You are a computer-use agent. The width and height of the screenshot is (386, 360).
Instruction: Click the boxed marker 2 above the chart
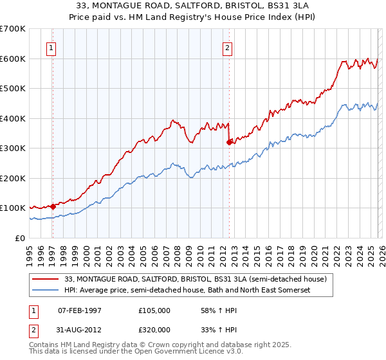(x=228, y=47)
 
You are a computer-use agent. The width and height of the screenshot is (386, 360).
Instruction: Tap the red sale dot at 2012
(x=229, y=143)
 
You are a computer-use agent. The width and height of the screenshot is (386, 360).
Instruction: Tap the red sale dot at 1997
(x=53, y=206)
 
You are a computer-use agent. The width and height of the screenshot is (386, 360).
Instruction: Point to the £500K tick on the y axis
(x=13, y=89)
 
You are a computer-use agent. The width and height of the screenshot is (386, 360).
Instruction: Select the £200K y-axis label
(x=13, y=178)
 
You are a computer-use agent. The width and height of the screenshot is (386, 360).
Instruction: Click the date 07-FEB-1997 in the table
(x=80, y=310)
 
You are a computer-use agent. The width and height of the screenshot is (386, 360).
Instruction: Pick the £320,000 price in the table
(x=154, y=330)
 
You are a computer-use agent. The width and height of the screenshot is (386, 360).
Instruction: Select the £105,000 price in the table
(x=154, y=310)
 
